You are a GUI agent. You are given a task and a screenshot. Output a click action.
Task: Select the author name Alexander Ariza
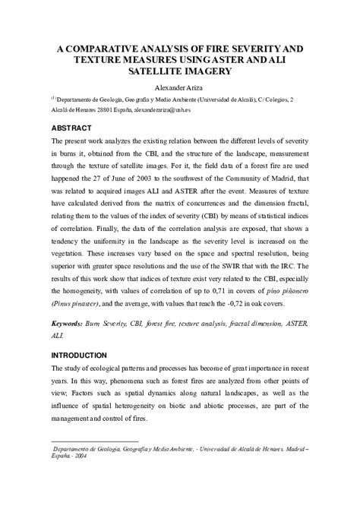click(180, 87)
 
